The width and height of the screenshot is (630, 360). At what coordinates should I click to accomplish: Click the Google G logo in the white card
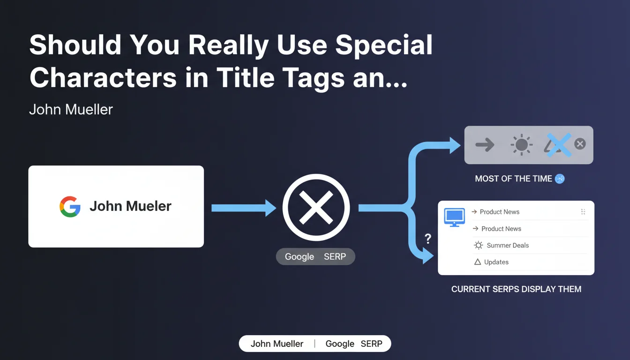(70, 207)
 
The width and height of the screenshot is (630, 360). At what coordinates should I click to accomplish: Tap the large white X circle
(316, 208)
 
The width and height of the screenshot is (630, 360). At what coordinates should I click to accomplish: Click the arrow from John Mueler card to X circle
(244, 208)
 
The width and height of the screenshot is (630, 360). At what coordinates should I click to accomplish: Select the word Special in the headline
(384, 45)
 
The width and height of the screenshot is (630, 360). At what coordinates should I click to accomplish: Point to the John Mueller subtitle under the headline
(71, 109)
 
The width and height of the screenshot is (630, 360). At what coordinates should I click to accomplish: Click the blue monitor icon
(454, 217)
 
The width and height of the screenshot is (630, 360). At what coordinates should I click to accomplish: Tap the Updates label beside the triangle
(496, 262)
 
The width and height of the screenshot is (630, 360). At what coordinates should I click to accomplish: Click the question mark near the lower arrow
(428, 239)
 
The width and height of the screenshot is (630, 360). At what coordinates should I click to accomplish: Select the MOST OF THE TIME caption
(514, 179)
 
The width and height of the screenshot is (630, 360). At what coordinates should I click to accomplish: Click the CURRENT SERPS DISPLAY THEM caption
(517, 289)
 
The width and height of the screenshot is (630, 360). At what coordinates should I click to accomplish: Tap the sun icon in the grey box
(522, 145)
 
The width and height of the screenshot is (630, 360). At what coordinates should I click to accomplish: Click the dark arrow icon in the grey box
(485, 145)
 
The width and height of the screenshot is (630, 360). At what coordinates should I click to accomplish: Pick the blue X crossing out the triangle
(559, 145)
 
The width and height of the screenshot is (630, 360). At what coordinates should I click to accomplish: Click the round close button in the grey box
(580, 144)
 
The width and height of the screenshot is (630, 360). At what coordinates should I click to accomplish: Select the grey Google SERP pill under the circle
(315, 256)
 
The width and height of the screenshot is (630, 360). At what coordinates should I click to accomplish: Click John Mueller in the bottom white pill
(277, 344)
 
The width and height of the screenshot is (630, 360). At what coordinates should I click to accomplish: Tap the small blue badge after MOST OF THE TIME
(560, 179)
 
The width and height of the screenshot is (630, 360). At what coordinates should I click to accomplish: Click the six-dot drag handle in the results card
(583, 212)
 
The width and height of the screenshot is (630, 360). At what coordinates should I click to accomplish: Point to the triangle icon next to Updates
(478, 262)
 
